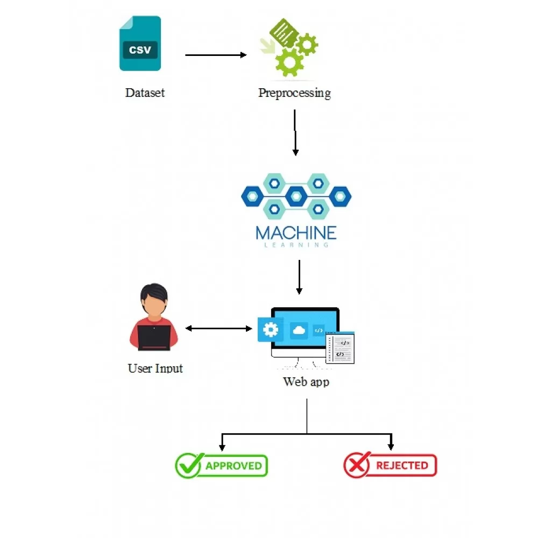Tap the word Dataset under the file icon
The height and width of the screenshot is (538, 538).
pyautogui.click(x=145, y=93)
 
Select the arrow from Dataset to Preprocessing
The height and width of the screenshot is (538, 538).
pyautogui.click(x=215, y=55)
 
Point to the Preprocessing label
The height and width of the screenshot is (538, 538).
pyautogui.click(x=294, y=93)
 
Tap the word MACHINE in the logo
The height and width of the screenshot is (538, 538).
pyautogui.click(x=296, y=232)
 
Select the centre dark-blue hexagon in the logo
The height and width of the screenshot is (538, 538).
pyautogui.click(x=296, y=196)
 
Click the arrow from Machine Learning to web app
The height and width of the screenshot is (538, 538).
pyautogui.click(x=299, y=277)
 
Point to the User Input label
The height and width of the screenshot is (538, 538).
pyautogui.click(x=155, y=369)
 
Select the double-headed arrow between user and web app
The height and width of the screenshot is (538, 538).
pyautogui.click(x=218, y=328)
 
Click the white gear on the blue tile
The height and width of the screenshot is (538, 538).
pyautogui.click(x=271, y=329)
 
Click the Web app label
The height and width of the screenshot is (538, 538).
pyautogui.click(x=306, y=382)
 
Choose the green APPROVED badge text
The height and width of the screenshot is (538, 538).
pyautogui.click(x=233, y=466)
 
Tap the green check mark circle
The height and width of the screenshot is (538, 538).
pyautogui.click(x=189, y=465)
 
